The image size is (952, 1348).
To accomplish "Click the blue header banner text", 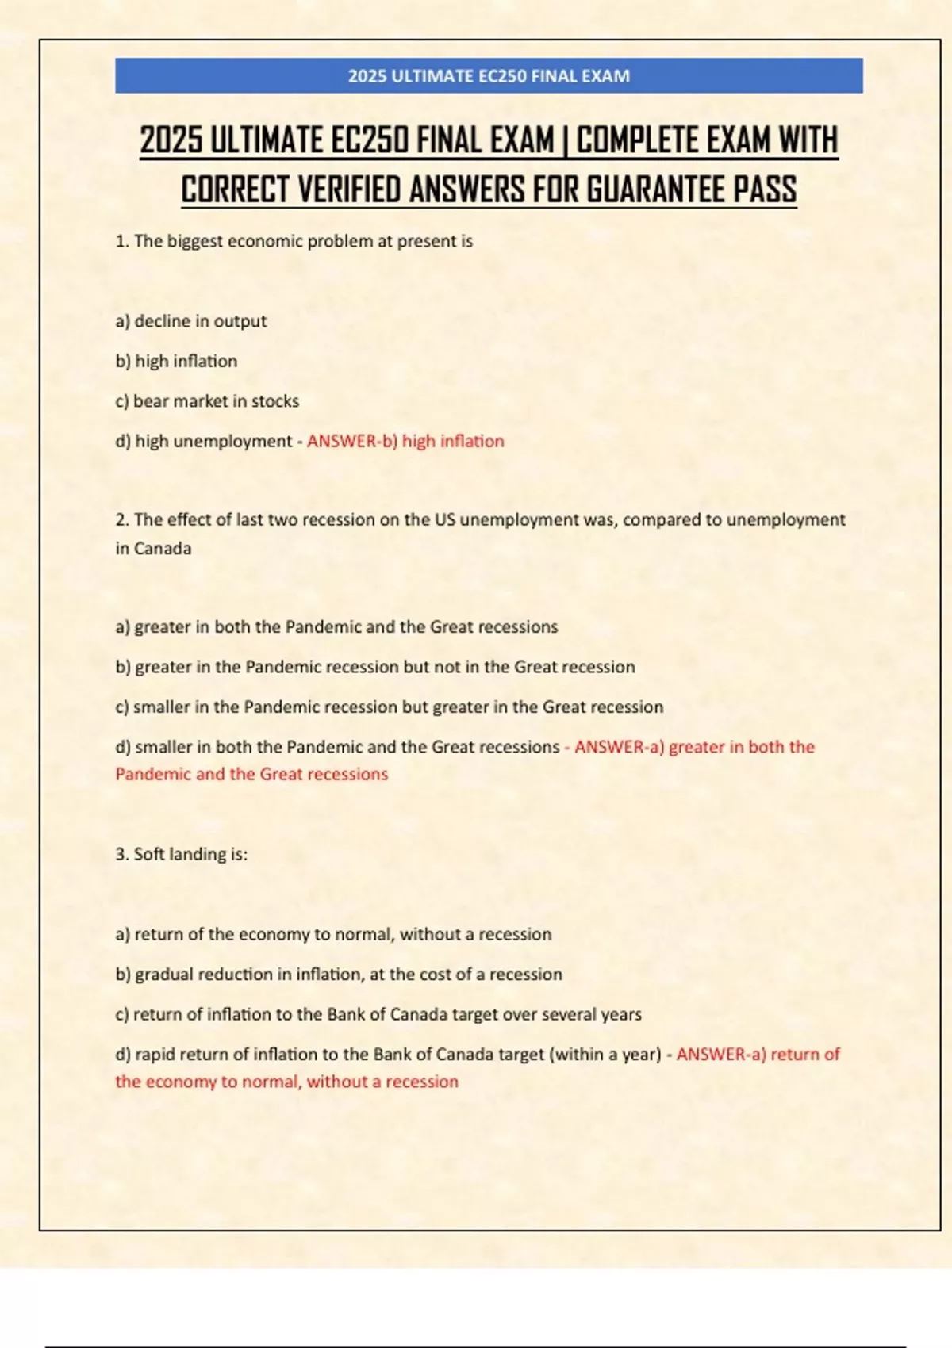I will click(489, 76).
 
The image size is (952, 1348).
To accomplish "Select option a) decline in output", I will click(191, 321).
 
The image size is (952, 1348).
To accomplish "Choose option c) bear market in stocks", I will click(207, 401).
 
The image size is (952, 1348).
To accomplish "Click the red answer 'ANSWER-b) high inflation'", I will click(405, 441).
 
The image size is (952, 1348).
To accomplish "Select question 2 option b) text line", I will click(375, 667).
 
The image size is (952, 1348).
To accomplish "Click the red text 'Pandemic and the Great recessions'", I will click(251, 774).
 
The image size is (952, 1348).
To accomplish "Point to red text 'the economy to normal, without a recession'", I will click(286, 1082).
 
